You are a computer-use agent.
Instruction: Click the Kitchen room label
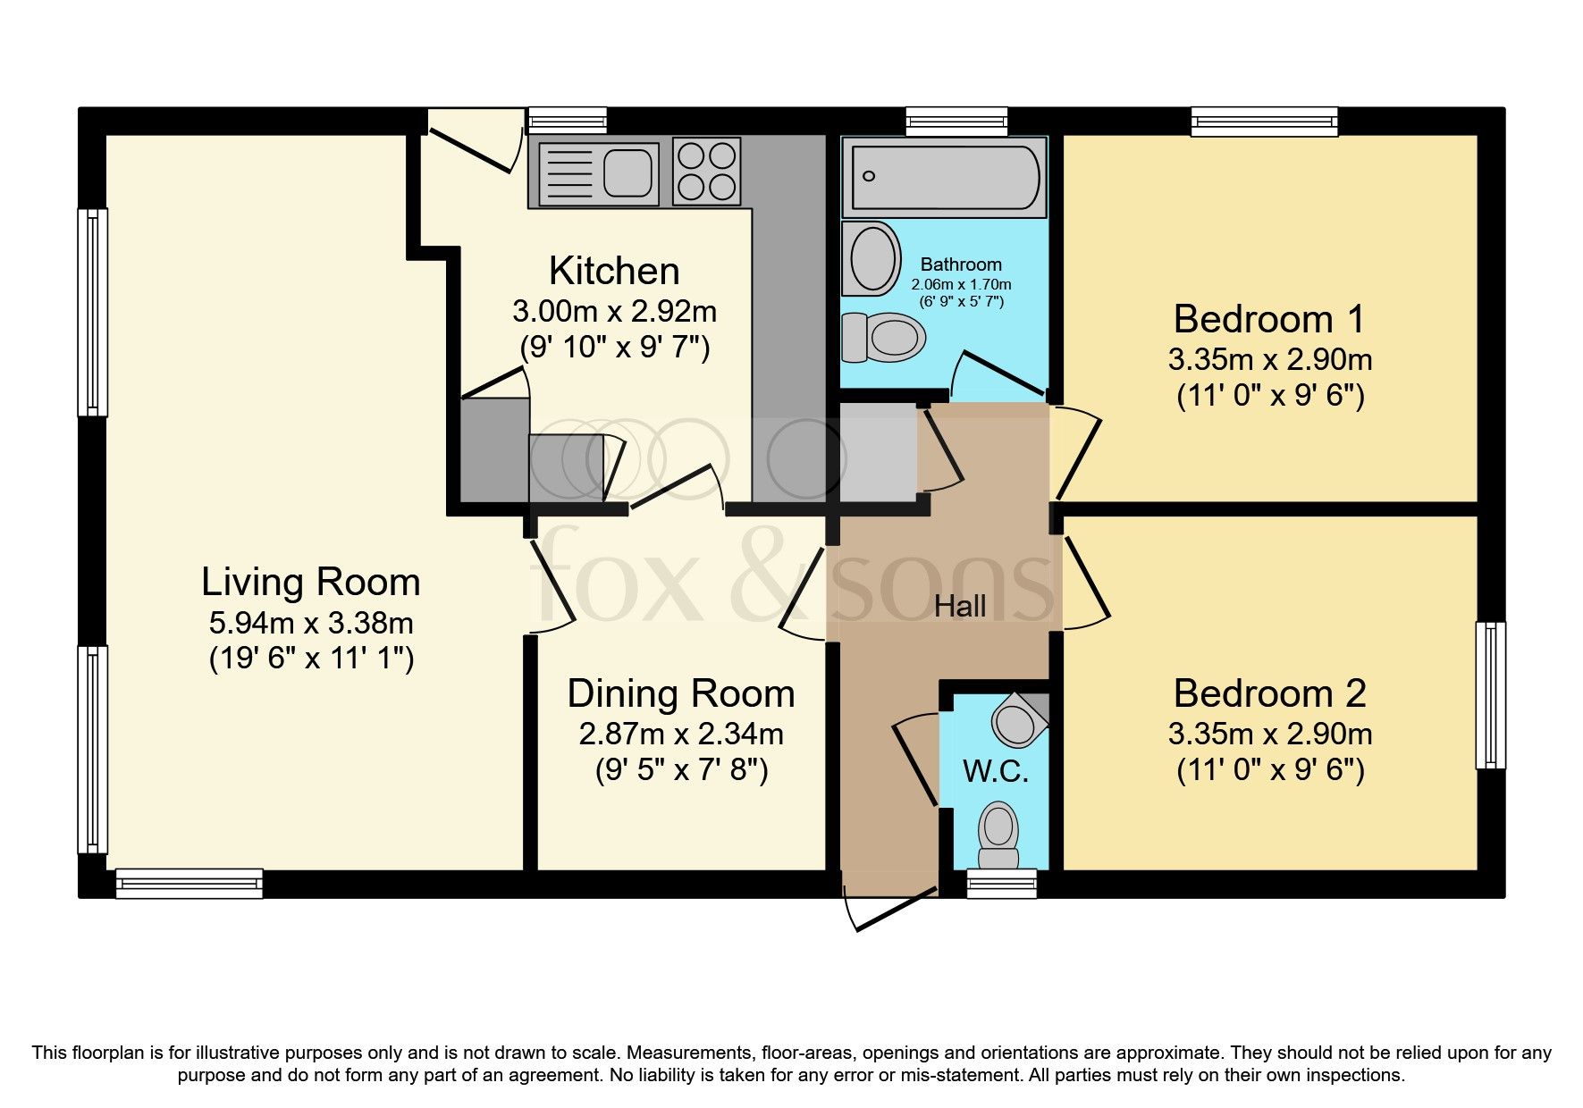click(614, 271)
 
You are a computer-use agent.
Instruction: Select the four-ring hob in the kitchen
click(706, 172)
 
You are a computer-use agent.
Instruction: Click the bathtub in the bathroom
click(944, 177)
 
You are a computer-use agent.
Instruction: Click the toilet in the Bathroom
click(885, 338)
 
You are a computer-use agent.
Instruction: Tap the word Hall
click(960, 607)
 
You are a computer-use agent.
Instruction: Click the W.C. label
click(995, 770)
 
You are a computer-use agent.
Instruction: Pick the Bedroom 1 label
click(1269, 319)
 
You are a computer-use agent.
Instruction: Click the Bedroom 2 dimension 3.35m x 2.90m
click(1269, 734)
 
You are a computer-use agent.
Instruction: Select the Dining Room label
click(680, 693)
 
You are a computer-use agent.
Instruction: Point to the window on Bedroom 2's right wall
click(1489, 695)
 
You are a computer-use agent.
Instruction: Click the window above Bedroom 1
click(1264, 121)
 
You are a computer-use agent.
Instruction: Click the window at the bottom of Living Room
click(189, 883)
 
